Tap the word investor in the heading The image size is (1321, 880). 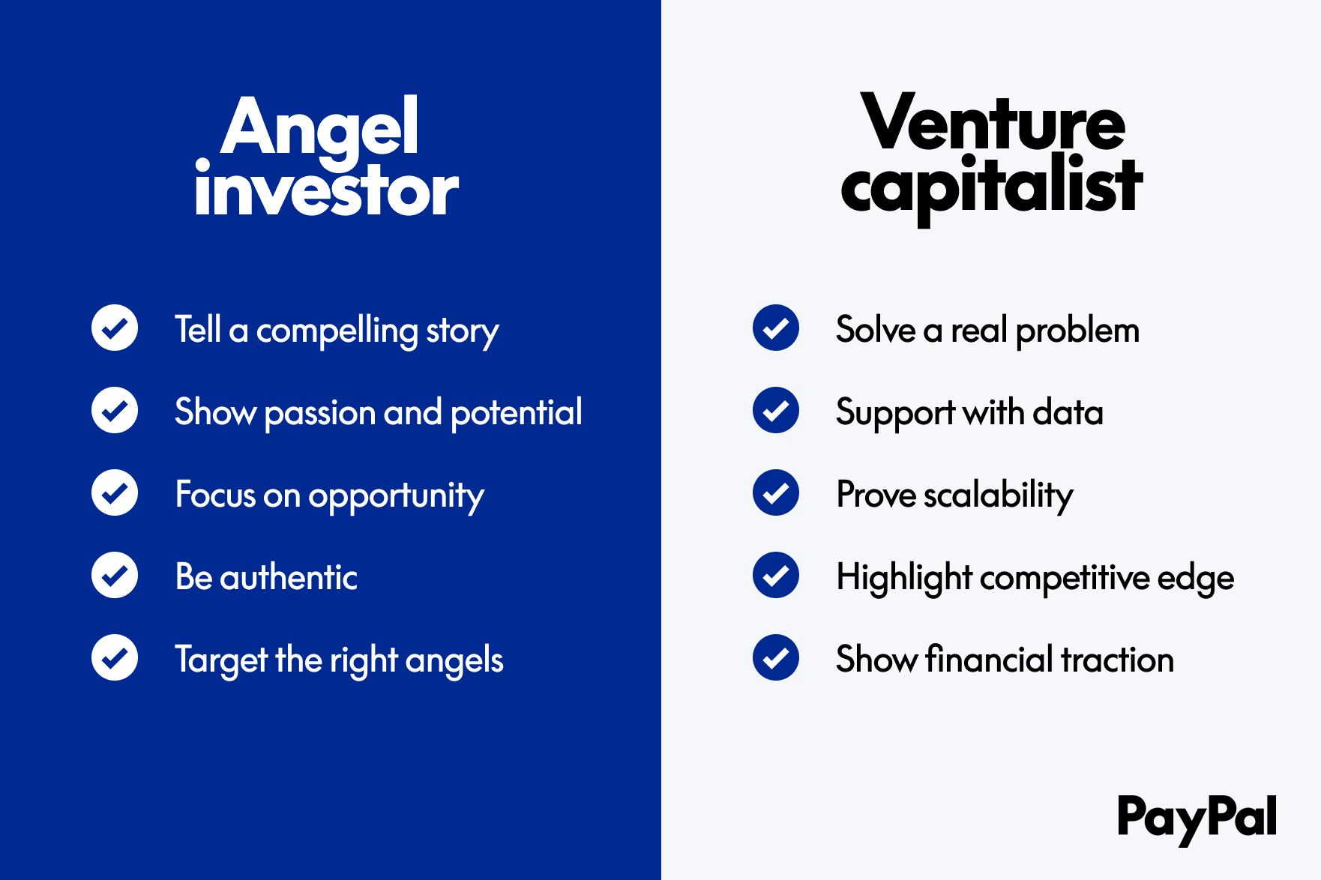(326, 190)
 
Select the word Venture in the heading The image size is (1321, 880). (993, 122)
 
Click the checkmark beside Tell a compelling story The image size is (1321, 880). (115, 328)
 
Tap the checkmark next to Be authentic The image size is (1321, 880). (115, 575)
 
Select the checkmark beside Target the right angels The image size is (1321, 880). (115, 657)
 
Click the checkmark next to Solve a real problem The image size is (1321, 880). (776, 328)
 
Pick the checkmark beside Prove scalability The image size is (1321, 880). (776, 492)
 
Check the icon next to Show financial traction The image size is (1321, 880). (776, 657)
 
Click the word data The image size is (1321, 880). (1068, 413)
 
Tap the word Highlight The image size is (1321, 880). (904, 579)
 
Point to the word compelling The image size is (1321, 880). (337, 331)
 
